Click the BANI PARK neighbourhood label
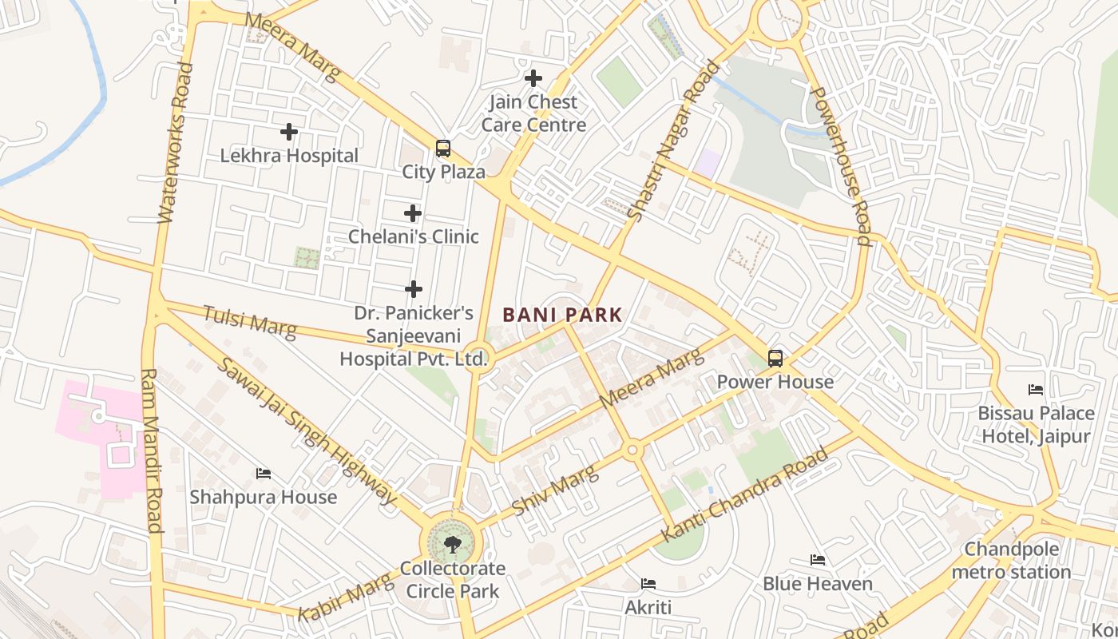pyautogui.click(x=562, y=315)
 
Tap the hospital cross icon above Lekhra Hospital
pyautogui.click(x=289, y=132)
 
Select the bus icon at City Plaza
pyautogui.click(x=442, y=149)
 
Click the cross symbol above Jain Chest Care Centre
pyautogui.click(x=533, y=78)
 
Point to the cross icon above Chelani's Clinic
pyautogui.click(x=413, y=213)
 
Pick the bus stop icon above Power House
pyautogui.click(x=775, y=358)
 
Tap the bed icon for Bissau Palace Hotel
pyautogui.click(x=1036, y=390)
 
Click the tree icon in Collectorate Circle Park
pyautogui.click(x=452, y=545)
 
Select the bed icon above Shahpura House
pyautogui.click(x=264, y=474)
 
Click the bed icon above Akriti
pyautogui.click(x=648, y=584)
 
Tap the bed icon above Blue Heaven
pyautogui.click(x=818, y=560)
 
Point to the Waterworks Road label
pyautogui.click(x=176, y=142)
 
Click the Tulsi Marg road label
pyautogui.click(x=249, y=320)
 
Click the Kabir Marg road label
pyautogui.click(x=345, y=597)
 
